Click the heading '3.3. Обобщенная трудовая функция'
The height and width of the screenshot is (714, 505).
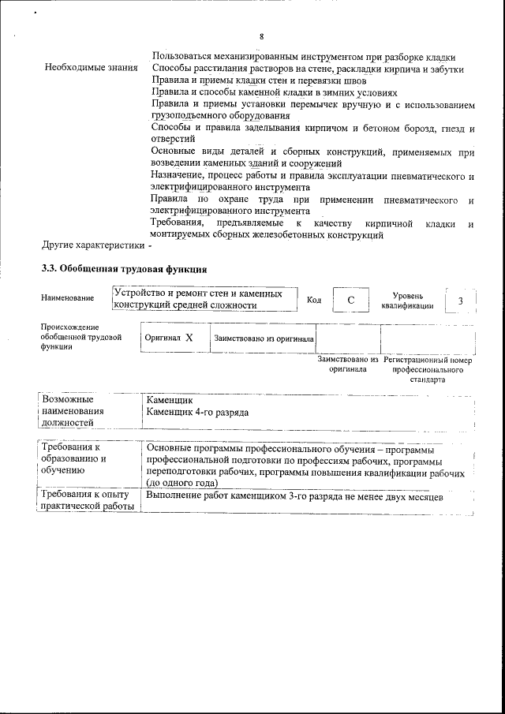click(125, 268)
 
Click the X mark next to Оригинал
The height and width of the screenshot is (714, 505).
click(189, 337)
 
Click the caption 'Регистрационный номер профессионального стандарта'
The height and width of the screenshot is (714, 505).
click(428, 368)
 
